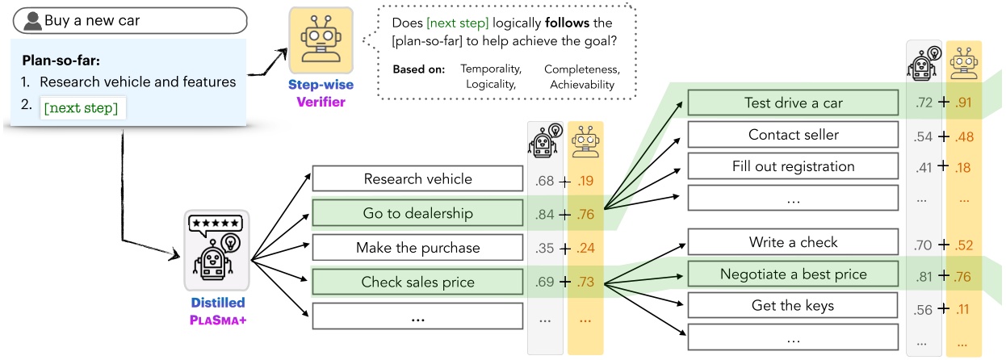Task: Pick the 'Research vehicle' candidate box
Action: point(417,178)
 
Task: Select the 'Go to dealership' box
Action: point(417,213)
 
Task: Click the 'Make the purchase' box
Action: point(417,248)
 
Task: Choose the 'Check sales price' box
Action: point(417,283)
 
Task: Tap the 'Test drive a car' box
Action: point(793,103)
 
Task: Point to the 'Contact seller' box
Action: point(793,135)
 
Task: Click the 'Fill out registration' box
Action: point(793,166)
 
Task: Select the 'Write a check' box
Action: point(793,241)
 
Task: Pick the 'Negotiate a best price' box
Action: point(793,274)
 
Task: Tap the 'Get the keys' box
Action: point(793,305)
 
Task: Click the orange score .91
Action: point(962,103)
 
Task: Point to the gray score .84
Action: point(546,214)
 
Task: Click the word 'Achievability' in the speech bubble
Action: point(581,84)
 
